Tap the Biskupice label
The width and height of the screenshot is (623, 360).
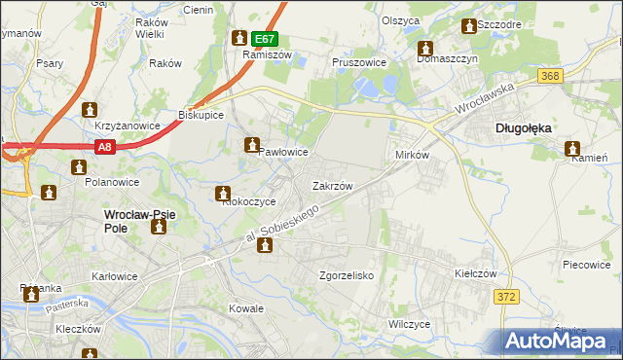[202, 115]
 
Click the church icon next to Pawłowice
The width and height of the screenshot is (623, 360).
[251, 145]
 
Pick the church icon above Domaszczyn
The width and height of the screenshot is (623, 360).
[425, 49]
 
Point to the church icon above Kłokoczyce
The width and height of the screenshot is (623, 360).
[224, 195]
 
